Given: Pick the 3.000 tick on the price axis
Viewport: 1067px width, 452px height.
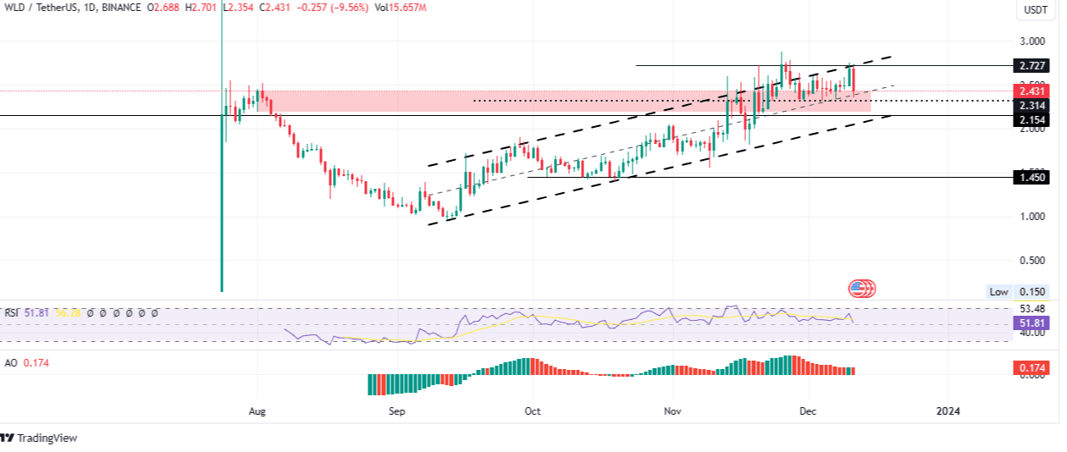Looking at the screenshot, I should (1033, 41).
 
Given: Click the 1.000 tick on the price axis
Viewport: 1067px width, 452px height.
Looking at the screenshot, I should (1033, 217).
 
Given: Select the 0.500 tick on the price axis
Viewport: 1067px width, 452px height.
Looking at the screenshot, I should (1033, 261).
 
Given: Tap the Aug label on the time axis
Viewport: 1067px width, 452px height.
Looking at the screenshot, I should (258, 411).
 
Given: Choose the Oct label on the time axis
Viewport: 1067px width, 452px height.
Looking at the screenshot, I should (533, 411).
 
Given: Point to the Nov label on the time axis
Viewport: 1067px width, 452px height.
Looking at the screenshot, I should (672, 411).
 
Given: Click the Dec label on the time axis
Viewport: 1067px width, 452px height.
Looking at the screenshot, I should (807, 411).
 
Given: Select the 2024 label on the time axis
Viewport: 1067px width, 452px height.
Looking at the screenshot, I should (948, 411).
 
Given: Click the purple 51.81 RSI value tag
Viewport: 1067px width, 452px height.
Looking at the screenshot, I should (1034, 322).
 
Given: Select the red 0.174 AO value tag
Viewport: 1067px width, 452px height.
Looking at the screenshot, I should (1034, 368).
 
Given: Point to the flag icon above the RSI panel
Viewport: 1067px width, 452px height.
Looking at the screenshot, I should (862, 289).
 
